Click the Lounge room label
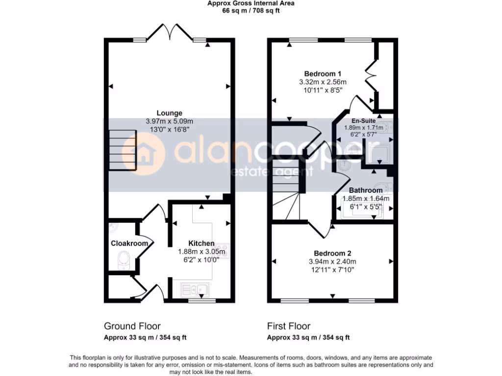[x=169, y=113]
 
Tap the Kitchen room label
[x=201, y=243]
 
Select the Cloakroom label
[x=122, y=243]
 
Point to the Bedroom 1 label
[x=316, y=74]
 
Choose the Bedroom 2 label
[x=332, y=253]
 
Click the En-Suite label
[x=363, y=120]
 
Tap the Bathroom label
[x=365, y=190]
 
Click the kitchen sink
[x=195, y=290]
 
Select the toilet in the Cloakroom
[x=123, y=260]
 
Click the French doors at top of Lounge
[x=170, y=33]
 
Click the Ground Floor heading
[x=132, y=326]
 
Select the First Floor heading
[x=288, y=326]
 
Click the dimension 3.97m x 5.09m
[x=169, y=121]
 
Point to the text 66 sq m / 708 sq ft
[x=251, y=10]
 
